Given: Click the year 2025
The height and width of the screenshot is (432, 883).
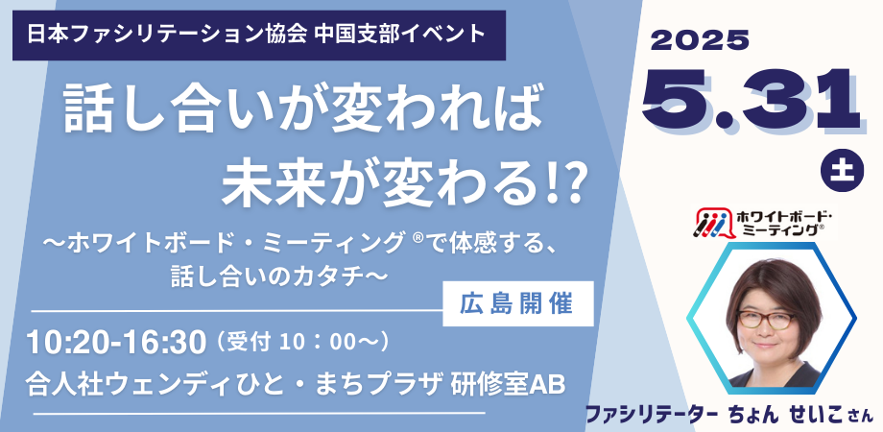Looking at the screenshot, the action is pos(700,40).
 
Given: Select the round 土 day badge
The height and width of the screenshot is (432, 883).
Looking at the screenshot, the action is pos(843,171).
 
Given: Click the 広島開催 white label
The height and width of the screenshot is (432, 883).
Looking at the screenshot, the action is pos(517,303).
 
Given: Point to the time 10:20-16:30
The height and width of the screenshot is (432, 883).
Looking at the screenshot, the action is pos(116,342).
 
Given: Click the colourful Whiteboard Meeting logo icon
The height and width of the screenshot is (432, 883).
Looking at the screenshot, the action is pos(712,223).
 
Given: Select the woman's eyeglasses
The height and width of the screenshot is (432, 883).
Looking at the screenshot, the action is pos(766,320).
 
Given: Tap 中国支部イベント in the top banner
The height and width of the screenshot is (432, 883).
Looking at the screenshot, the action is pos(397,35).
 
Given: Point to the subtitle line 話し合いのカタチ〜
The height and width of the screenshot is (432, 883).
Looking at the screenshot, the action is pos(280,277).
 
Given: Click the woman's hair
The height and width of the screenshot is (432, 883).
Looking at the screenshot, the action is pos(773,287).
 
